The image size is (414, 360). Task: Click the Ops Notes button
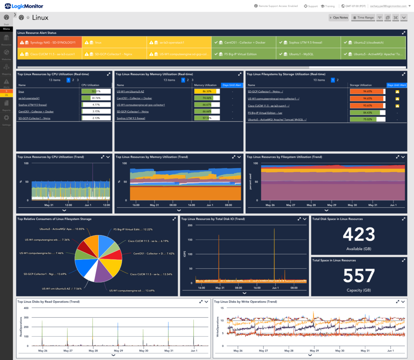(338, 17)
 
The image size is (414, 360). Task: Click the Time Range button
(363, 17)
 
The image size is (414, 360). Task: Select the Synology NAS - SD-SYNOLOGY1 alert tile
(49, 42)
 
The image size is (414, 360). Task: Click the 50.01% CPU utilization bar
(96, 92)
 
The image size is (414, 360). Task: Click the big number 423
(359, 235)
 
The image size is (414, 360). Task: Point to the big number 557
(359, 276)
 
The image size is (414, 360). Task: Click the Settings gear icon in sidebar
(6, 118)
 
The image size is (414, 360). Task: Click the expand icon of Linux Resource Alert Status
(403, 33)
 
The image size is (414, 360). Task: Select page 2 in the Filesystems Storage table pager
(338, 80)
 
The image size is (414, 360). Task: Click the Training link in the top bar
(328, 6)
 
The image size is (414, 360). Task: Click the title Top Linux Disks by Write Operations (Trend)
(245, 301)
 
